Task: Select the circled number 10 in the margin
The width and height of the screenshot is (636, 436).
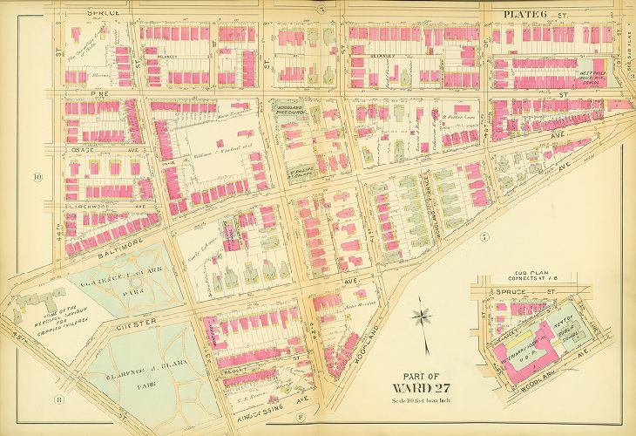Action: (37, 177)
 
